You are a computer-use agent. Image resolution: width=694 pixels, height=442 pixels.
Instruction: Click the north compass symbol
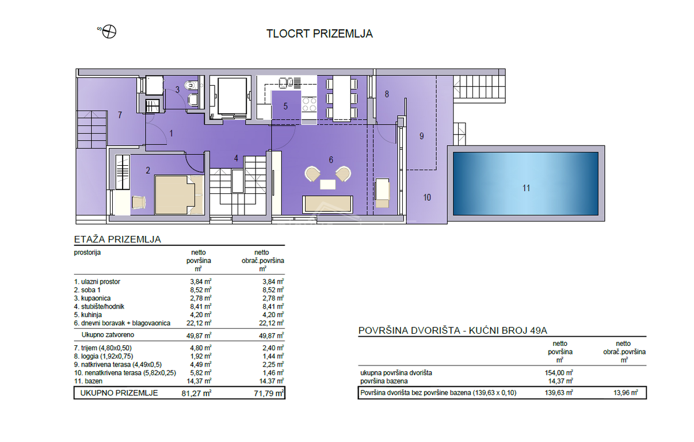click(x=109, y=32)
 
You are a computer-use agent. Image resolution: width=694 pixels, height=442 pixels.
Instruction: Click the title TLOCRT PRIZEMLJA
click(x=319, y=34)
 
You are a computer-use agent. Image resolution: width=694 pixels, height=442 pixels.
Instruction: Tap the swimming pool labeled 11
click(x=526, y=184)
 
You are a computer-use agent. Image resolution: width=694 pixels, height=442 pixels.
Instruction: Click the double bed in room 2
click(x=179, y=195)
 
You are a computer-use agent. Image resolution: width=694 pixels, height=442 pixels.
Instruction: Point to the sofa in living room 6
click(x=328, y=204)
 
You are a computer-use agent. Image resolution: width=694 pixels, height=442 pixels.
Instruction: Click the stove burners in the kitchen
click(x=309, y=104)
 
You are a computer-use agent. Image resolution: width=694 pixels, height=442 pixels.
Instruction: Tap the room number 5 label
click(x=285, y=106)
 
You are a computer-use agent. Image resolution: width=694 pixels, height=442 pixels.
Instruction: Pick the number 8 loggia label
click(x=387, y=94)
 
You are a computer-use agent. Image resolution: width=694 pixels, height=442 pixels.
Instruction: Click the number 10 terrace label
click(x=427, y=197)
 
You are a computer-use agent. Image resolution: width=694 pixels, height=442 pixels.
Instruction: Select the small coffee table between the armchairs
click(x=328, y=184)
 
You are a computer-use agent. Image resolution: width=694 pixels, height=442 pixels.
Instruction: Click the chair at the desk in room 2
click(x=139, y=203)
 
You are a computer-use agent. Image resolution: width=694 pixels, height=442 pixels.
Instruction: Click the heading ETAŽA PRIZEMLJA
click(x=117, y=239)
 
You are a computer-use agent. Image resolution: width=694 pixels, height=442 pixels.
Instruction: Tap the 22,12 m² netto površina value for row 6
click(x=200, y=323)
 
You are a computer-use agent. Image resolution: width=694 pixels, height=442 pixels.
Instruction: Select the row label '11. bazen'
click(x=88, y=381)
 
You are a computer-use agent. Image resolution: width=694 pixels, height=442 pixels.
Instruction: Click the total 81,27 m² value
click(x=196, y=393)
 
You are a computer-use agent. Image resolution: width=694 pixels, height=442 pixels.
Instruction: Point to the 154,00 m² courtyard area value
click(x=559, y=372)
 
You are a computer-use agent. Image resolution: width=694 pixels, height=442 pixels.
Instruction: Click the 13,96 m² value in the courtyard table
click(x=626, y=393)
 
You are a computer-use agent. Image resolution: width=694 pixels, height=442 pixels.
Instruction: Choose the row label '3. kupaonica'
click(x=92, y=298)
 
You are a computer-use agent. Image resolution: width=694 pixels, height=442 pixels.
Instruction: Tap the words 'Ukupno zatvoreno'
click(x=108, y=335)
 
